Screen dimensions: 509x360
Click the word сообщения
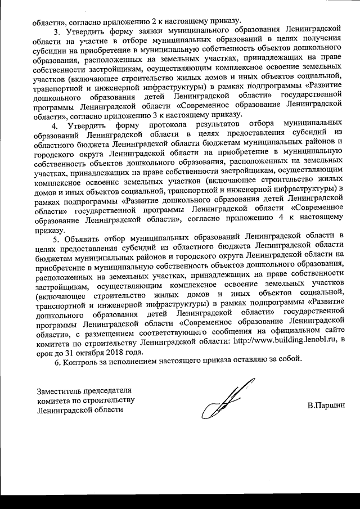tap(232, 331)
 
